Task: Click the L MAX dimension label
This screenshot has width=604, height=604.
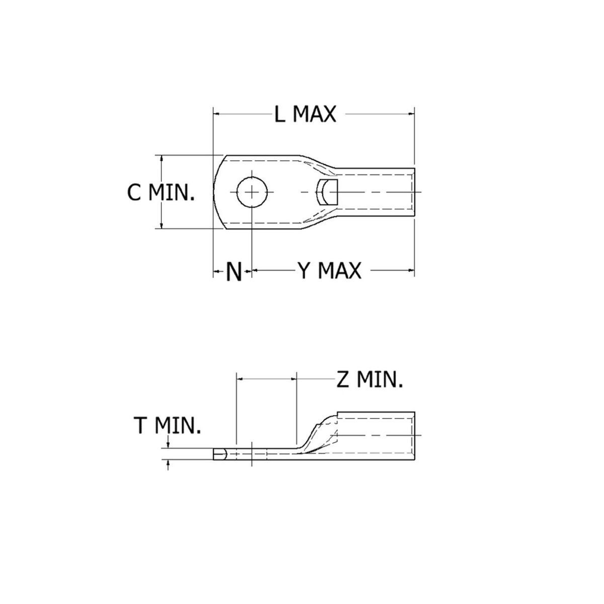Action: coord(305,115)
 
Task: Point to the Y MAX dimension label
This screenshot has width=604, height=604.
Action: coord(329,271)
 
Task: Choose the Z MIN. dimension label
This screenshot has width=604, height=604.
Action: coord(369,380)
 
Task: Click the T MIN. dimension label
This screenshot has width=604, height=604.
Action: coord(167,426)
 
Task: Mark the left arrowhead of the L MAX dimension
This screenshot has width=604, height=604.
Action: coord(217,114)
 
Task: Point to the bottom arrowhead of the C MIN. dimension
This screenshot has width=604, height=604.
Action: coord(162,226)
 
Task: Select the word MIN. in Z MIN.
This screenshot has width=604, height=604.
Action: coord(381,380)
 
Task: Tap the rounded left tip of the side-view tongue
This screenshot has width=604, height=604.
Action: coord(216,455)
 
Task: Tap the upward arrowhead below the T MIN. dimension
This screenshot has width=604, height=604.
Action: coord(168,464)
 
